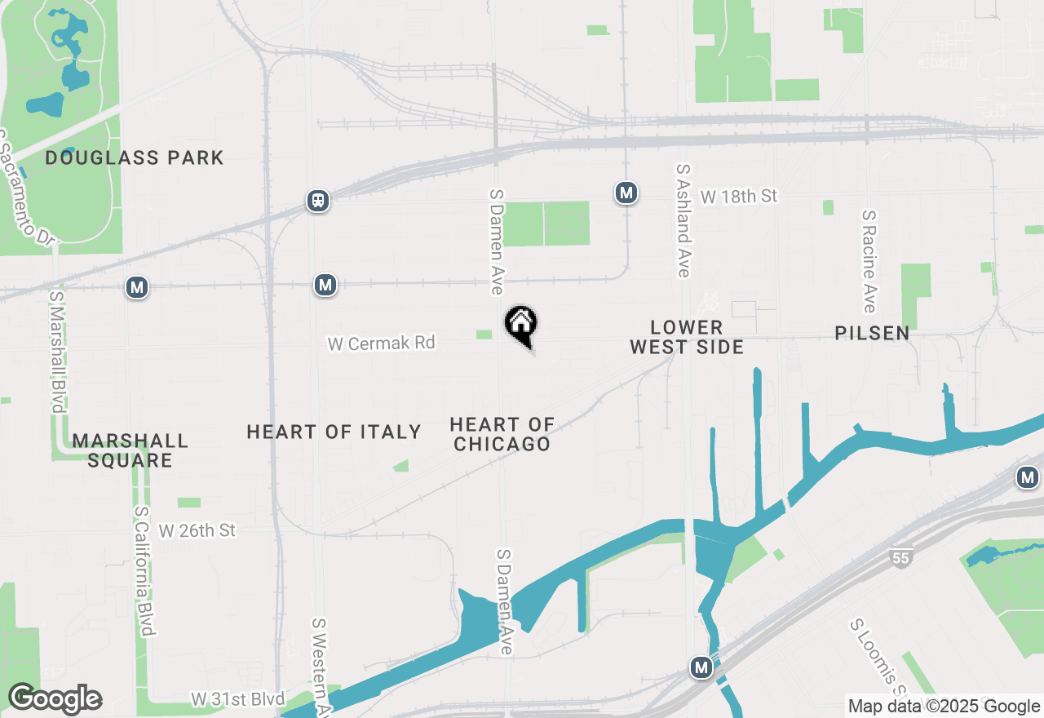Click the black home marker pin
pos(520,324)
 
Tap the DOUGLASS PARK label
pos(135,157)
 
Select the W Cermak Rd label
pos(381,343)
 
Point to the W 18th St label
pos(738,197)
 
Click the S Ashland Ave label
pos(683,220)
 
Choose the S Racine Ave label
pos(869,261)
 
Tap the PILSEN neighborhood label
pos(872,333)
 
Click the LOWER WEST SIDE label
pos(687,337)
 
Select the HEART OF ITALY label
pos(334,432)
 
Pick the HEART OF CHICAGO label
pos(502,434)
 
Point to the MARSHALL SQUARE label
pos(130,450)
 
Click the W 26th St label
pos(197,531)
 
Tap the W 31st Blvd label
pos(238,699)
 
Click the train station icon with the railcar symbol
pos(318,201)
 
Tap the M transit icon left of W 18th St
pos(626,193)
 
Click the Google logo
pos(55,699)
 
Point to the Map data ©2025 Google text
pos(944,707)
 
